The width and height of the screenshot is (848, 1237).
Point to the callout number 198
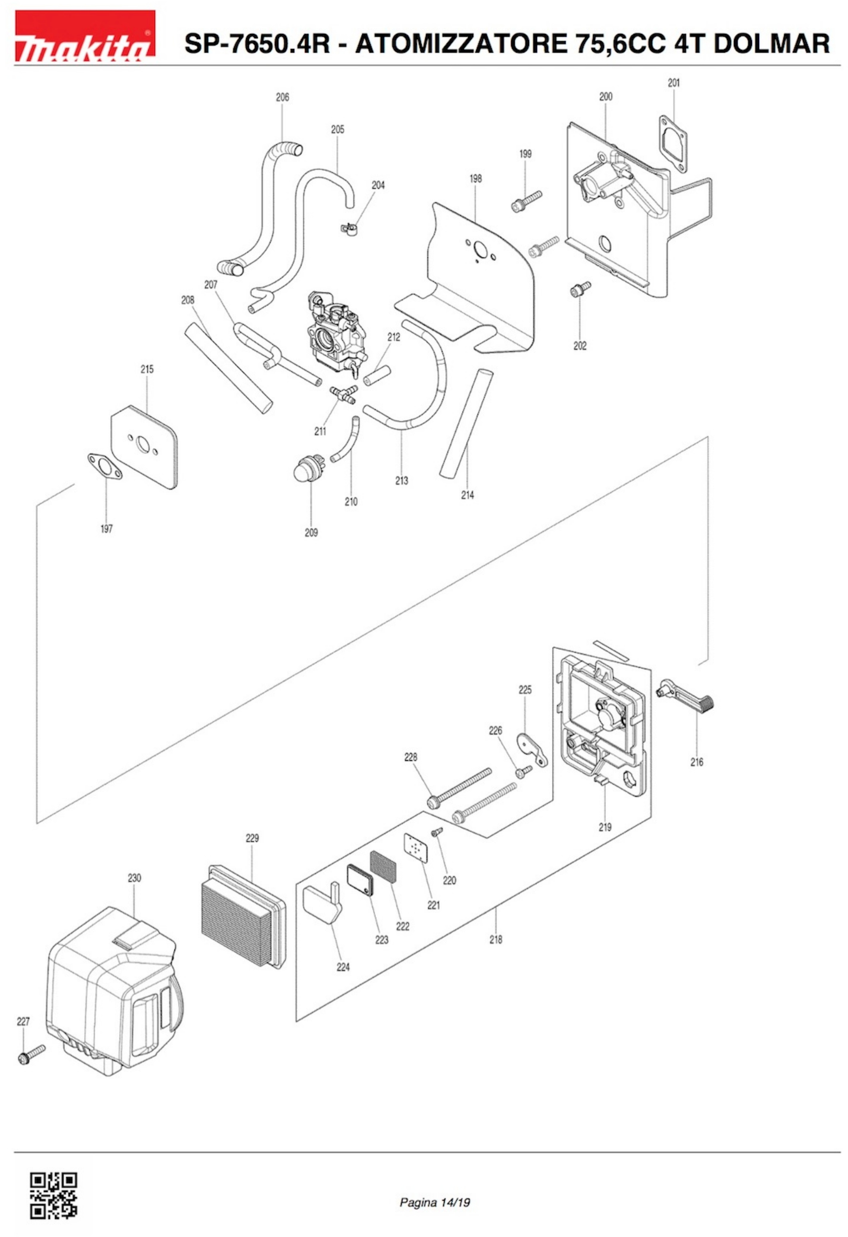(475, 178)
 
